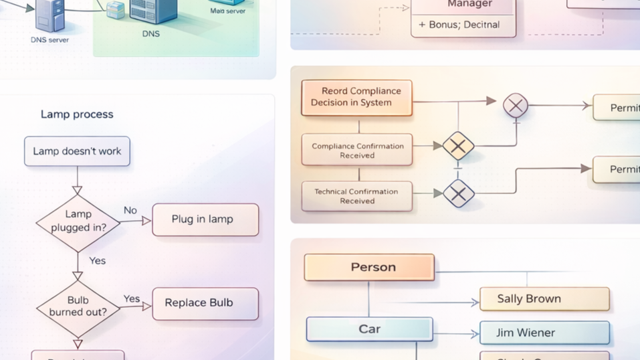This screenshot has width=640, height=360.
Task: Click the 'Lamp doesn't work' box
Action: pos(77,151)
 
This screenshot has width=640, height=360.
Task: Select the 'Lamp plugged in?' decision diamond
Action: pos(78,221)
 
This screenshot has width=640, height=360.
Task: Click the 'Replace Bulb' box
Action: pos(205,303)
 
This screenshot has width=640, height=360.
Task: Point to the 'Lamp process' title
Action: pos(77,114)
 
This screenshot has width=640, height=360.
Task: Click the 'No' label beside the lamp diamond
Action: pos(130,210)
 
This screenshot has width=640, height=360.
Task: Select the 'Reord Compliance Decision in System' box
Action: pos(356,98)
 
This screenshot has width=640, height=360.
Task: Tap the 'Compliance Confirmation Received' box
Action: pos(357,151)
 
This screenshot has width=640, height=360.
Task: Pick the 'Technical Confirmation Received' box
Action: pos(357,196)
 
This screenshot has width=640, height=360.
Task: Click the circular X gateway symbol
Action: pos(516,105)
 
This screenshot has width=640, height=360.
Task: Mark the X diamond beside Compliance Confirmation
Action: pos(458,146)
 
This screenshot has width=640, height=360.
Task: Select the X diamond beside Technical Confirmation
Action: pos(458,193)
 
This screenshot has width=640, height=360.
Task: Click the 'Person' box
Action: pos(369,268)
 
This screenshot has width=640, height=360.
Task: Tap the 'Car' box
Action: pos(369,329)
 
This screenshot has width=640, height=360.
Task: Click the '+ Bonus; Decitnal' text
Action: pos(459,25)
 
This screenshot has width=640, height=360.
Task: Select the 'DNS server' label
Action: pos(49,40)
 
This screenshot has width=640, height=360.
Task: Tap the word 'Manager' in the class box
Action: pos(469,4)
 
